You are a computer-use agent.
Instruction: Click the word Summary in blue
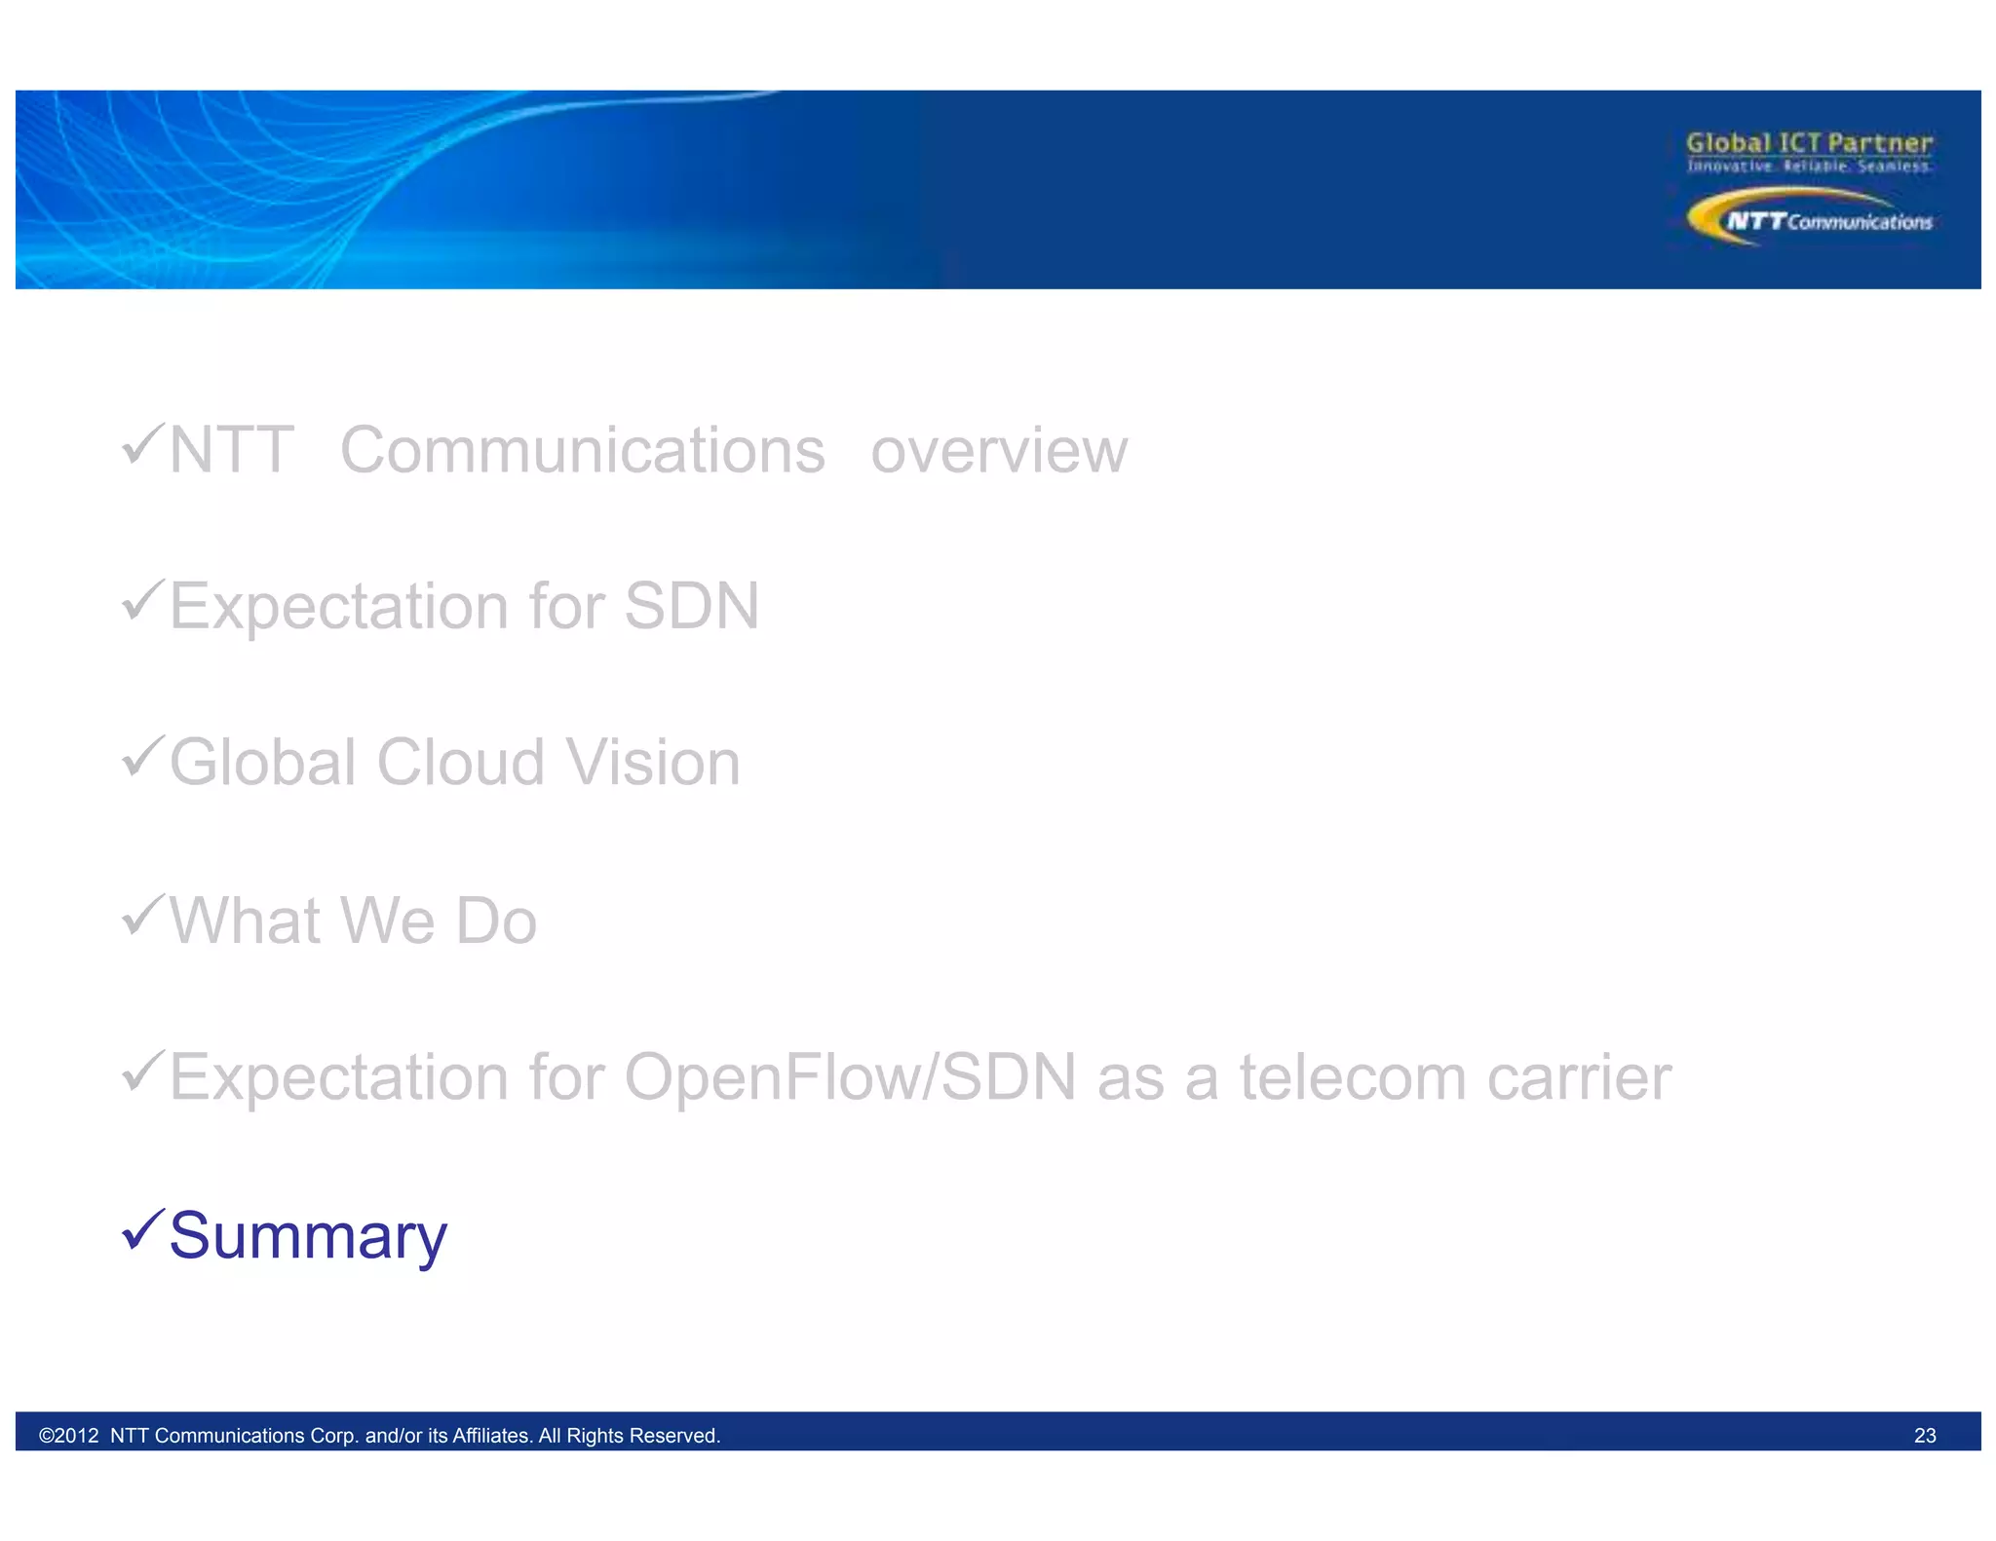pyautogui.click(x=308, y=1237)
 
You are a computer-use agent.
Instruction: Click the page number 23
pyautogui.click(x=1924, y=1436)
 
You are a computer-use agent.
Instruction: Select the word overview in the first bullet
pyautogui.click(x=999, y=451)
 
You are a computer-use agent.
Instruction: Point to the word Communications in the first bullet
pyautogui.click(x=582, y=451)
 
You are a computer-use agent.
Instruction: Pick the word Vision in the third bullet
pyautogui.click(x=653, y=763)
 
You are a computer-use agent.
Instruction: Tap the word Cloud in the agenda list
pyautogui.click(x=460, y=763)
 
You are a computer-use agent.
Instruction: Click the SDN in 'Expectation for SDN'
pyautogui.click(x=691, y=607)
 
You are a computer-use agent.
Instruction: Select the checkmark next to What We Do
pyautogui.click(x=142, y=916)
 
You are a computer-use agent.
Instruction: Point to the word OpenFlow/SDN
pyautogui.click(x=850, y=1077)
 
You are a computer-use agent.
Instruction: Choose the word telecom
pyautogui.click(x=1352, y=1077)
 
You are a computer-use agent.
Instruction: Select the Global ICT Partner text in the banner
pyautogui.click(x=1809, y=143)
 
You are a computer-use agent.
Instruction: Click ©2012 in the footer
pyautogui.click(x=68, y=1436)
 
